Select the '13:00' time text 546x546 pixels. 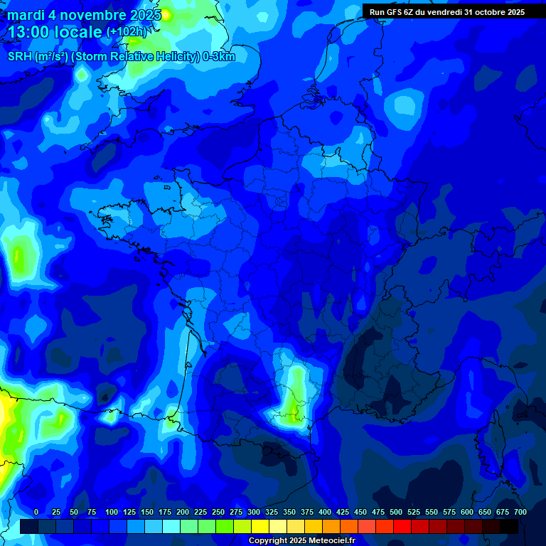(28, 32)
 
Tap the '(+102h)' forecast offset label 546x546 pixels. (127, 31)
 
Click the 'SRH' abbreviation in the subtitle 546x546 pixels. (19, 57)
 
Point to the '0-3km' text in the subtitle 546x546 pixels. (218, 57)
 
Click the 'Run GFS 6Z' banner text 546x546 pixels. (395, 11)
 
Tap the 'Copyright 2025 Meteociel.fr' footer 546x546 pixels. (301, 541)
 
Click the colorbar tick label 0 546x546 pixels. (36, 512)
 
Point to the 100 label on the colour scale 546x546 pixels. (111, 512)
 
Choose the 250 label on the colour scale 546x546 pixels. (218, 512)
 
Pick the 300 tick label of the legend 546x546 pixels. (254, 512)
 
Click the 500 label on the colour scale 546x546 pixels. (396, 512)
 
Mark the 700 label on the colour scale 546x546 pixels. (520, 512)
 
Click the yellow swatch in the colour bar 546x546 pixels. (260, 526)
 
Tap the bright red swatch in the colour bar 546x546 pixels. (402, 526)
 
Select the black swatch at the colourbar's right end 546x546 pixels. (509, 526)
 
